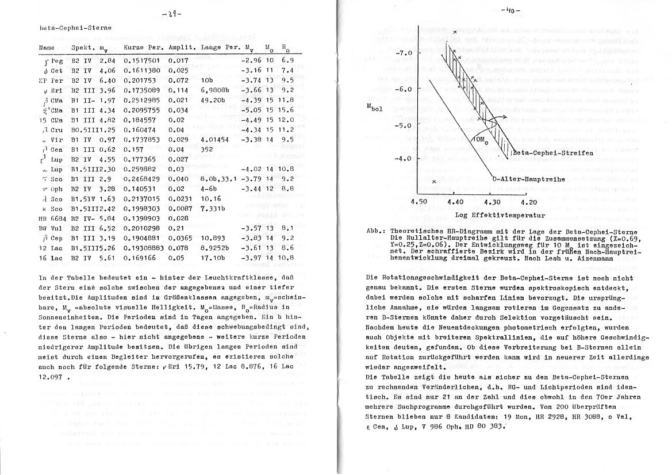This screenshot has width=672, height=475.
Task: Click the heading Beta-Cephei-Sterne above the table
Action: pos(68,27)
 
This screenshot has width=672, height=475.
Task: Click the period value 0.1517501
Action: pos(141,60)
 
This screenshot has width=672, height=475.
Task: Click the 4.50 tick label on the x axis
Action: pos(420,202)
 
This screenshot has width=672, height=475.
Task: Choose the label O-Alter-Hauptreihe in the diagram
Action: pos(529,179)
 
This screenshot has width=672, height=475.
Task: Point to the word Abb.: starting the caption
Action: pos(376,231)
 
